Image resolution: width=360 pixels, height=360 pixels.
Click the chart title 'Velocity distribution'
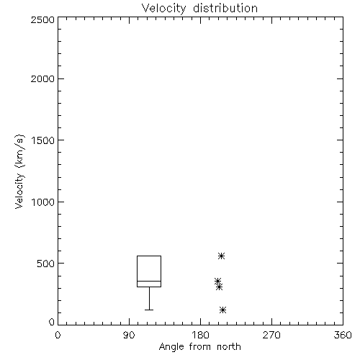199,9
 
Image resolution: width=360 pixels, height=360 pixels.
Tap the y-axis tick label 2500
43,19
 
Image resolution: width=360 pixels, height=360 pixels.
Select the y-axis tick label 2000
43,78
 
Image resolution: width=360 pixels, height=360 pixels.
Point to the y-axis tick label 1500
43,140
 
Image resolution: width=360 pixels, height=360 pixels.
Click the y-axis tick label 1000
43,202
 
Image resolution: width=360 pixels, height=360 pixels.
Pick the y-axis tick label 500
46,264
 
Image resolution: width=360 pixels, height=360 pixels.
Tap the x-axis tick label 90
129,335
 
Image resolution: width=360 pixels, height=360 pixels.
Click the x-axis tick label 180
200,335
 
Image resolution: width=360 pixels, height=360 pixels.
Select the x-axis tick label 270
271,335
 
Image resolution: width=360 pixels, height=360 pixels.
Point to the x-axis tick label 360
343,335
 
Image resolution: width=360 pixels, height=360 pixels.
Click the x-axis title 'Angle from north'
200,347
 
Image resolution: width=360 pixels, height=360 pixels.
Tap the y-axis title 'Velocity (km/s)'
19,171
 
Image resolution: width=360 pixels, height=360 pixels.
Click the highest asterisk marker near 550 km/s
221,256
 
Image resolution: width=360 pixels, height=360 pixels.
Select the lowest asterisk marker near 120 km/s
223,310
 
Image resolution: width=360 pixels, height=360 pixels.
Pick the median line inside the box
149,281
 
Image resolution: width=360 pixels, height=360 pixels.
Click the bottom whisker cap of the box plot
149,310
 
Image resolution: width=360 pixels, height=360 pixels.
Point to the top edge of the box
149,256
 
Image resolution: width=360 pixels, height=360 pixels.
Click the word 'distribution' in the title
225,9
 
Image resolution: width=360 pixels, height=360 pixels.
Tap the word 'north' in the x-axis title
229,347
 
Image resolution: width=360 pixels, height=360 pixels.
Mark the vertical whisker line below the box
149,298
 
